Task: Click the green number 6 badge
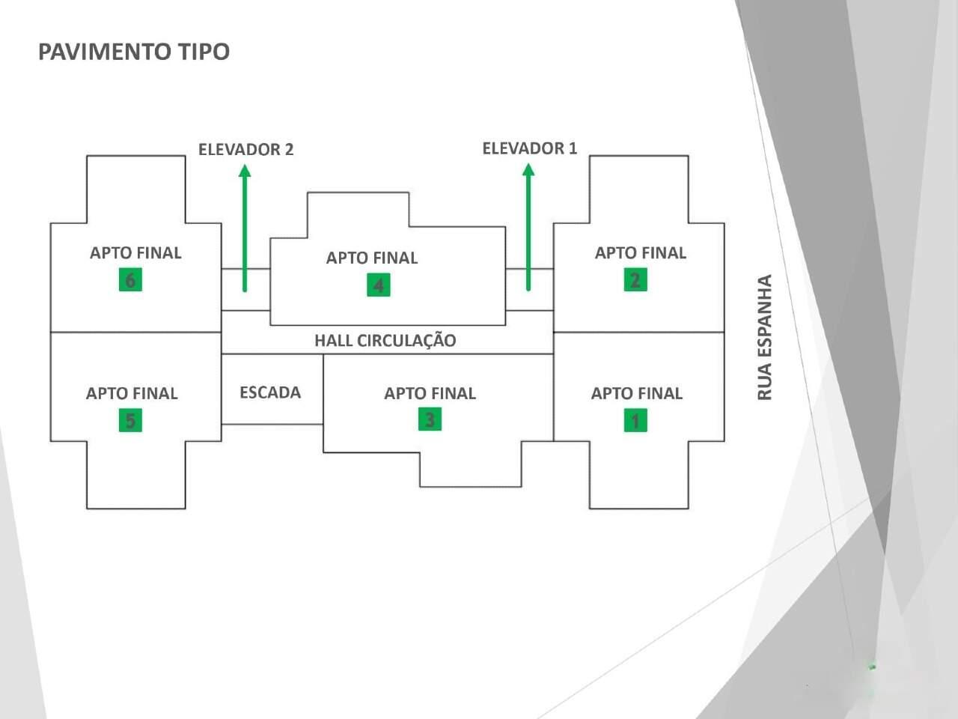coord(130,280)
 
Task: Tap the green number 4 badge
coord(378,285)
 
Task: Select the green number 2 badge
coord(635,280)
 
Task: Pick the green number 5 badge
coord(130,421)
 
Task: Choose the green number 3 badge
coord(430,419)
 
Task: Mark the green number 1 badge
coord(635,421)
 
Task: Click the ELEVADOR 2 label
coord(245,149)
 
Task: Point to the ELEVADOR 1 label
coord(529,148)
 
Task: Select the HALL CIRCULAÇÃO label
coord(385,341)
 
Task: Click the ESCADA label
coord(270,392)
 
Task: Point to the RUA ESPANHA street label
coord(764,337)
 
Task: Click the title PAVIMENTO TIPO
coord(134,52)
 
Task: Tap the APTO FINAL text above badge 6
coord(135,253)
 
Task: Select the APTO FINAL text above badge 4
coord(372,258)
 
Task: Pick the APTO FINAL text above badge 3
coord(430,393)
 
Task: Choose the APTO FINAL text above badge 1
coord(637,393)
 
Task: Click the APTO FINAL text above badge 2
coord(640,253)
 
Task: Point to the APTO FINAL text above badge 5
coord(132,393)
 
